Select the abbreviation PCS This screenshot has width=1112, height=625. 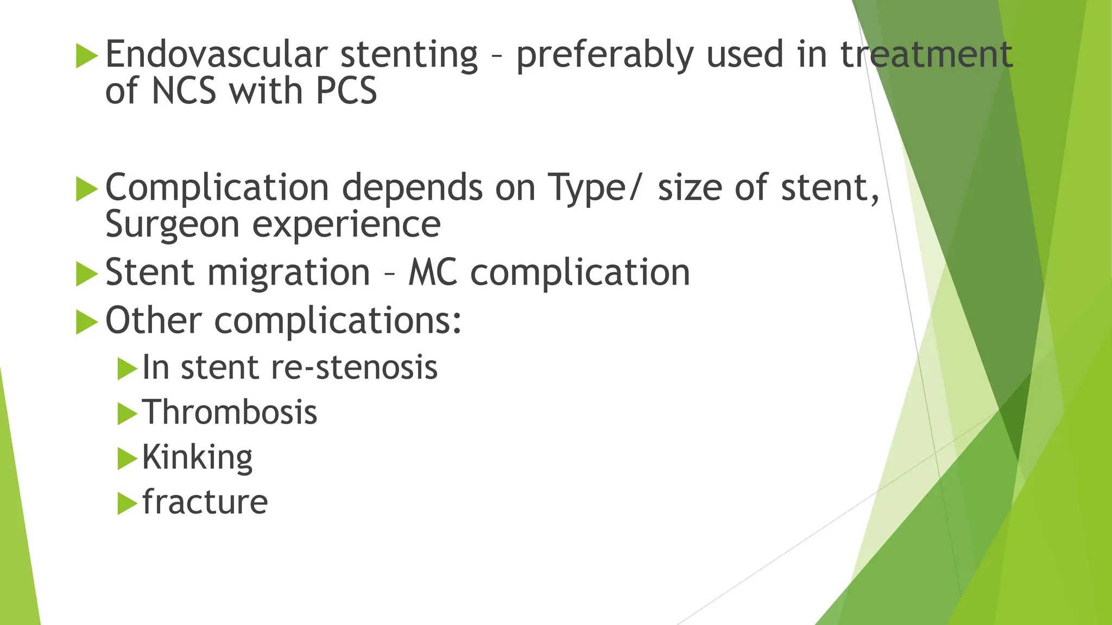346,91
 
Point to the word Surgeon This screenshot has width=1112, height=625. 172,225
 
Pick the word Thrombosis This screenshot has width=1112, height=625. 230,412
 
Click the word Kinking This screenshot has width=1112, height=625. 198,458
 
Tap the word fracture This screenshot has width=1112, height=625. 205,502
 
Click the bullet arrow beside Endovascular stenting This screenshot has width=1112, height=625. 87,56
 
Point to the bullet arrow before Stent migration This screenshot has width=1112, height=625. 87,273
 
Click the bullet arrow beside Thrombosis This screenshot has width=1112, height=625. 127,414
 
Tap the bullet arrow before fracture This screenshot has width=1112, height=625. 127,503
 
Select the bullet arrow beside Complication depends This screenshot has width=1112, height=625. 87,189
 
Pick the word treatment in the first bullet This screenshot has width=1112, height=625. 926,55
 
